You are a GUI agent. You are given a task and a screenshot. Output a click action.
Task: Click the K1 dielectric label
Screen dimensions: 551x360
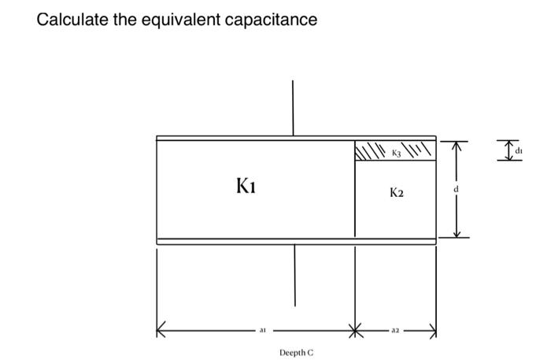click(246, 187)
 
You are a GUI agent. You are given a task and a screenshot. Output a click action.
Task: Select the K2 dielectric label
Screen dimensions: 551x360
click(396, 191)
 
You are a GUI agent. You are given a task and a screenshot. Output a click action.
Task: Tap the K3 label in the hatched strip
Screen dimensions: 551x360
click(396, 150)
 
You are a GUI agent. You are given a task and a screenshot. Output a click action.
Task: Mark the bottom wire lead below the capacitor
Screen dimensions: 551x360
click(295, 275)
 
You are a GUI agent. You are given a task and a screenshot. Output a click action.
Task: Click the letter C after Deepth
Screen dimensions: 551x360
click(310, 353)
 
